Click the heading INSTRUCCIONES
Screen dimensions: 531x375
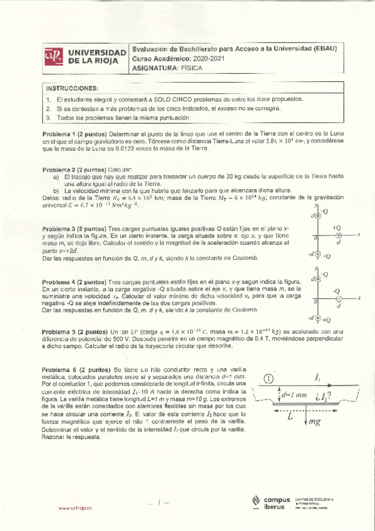click(72, 88)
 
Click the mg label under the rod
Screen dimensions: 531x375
click(314, 422)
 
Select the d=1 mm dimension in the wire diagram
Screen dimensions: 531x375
click(294, 396)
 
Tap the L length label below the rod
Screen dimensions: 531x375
click(289, 416)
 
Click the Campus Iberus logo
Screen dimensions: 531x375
click(269, 502)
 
